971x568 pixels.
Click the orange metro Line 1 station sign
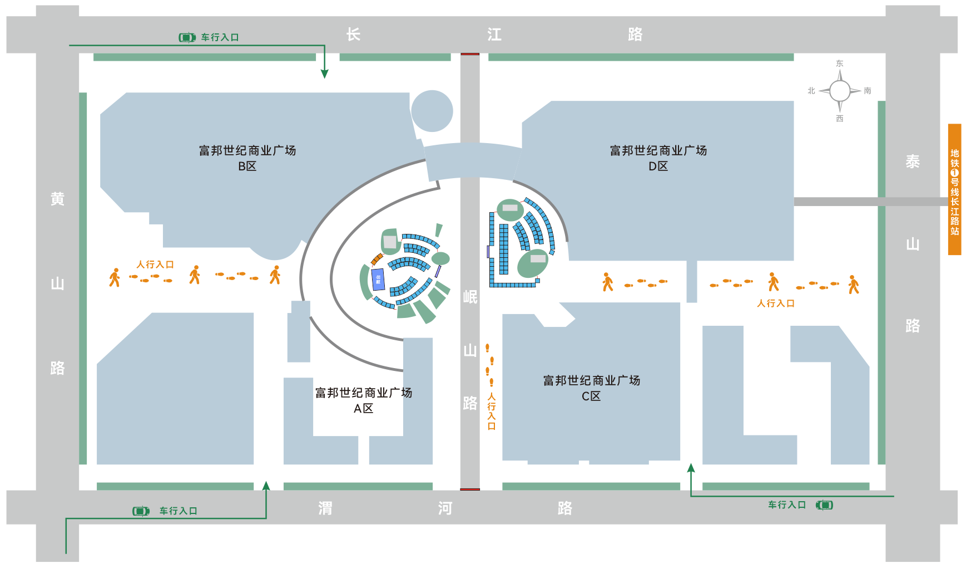click(954, 189)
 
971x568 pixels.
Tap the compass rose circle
click(840, 91)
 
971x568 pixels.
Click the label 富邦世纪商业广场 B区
click(247, 158)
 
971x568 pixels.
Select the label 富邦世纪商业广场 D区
click(658, 158)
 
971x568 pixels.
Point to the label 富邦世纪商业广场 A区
click(364, 400)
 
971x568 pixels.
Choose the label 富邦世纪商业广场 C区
click(591, 388)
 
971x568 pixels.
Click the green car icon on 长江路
click(187, 37)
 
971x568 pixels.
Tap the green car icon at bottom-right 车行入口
click(824, 505)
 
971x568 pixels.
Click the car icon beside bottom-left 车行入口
click(141, 511)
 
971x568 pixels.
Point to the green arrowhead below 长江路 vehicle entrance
click(325, 74)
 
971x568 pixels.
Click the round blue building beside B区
click(432, 111)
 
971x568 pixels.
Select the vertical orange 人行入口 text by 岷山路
click(491, 412)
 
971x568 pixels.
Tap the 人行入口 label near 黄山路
click(155, 265)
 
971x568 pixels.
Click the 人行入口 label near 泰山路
click(775, 303)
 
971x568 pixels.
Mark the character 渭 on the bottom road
click(325, 508)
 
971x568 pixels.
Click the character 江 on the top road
click(494, 35)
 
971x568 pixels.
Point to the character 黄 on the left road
click(57, 199)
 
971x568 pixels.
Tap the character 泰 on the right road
click(913, 161)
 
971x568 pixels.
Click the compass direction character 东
click(840, 63)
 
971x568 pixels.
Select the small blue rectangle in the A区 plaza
click(378, 279)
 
